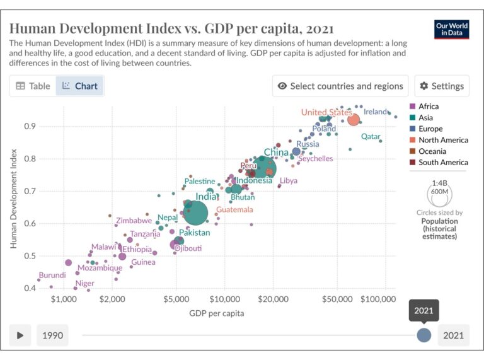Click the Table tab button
pos(33,86)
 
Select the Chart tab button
pos(79,86)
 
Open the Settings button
pos(442,86)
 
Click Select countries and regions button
pos(340,86)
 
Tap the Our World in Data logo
pos(452,29)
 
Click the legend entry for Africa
pos(428,107)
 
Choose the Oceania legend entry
pos(432,151)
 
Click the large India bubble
pos(195,212)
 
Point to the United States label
pos(326,112)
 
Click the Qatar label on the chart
pos(371,136)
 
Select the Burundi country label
pos(52,276)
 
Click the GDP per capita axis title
pos(216,313)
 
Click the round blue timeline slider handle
pos(424,335)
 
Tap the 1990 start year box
pos(52,335)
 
